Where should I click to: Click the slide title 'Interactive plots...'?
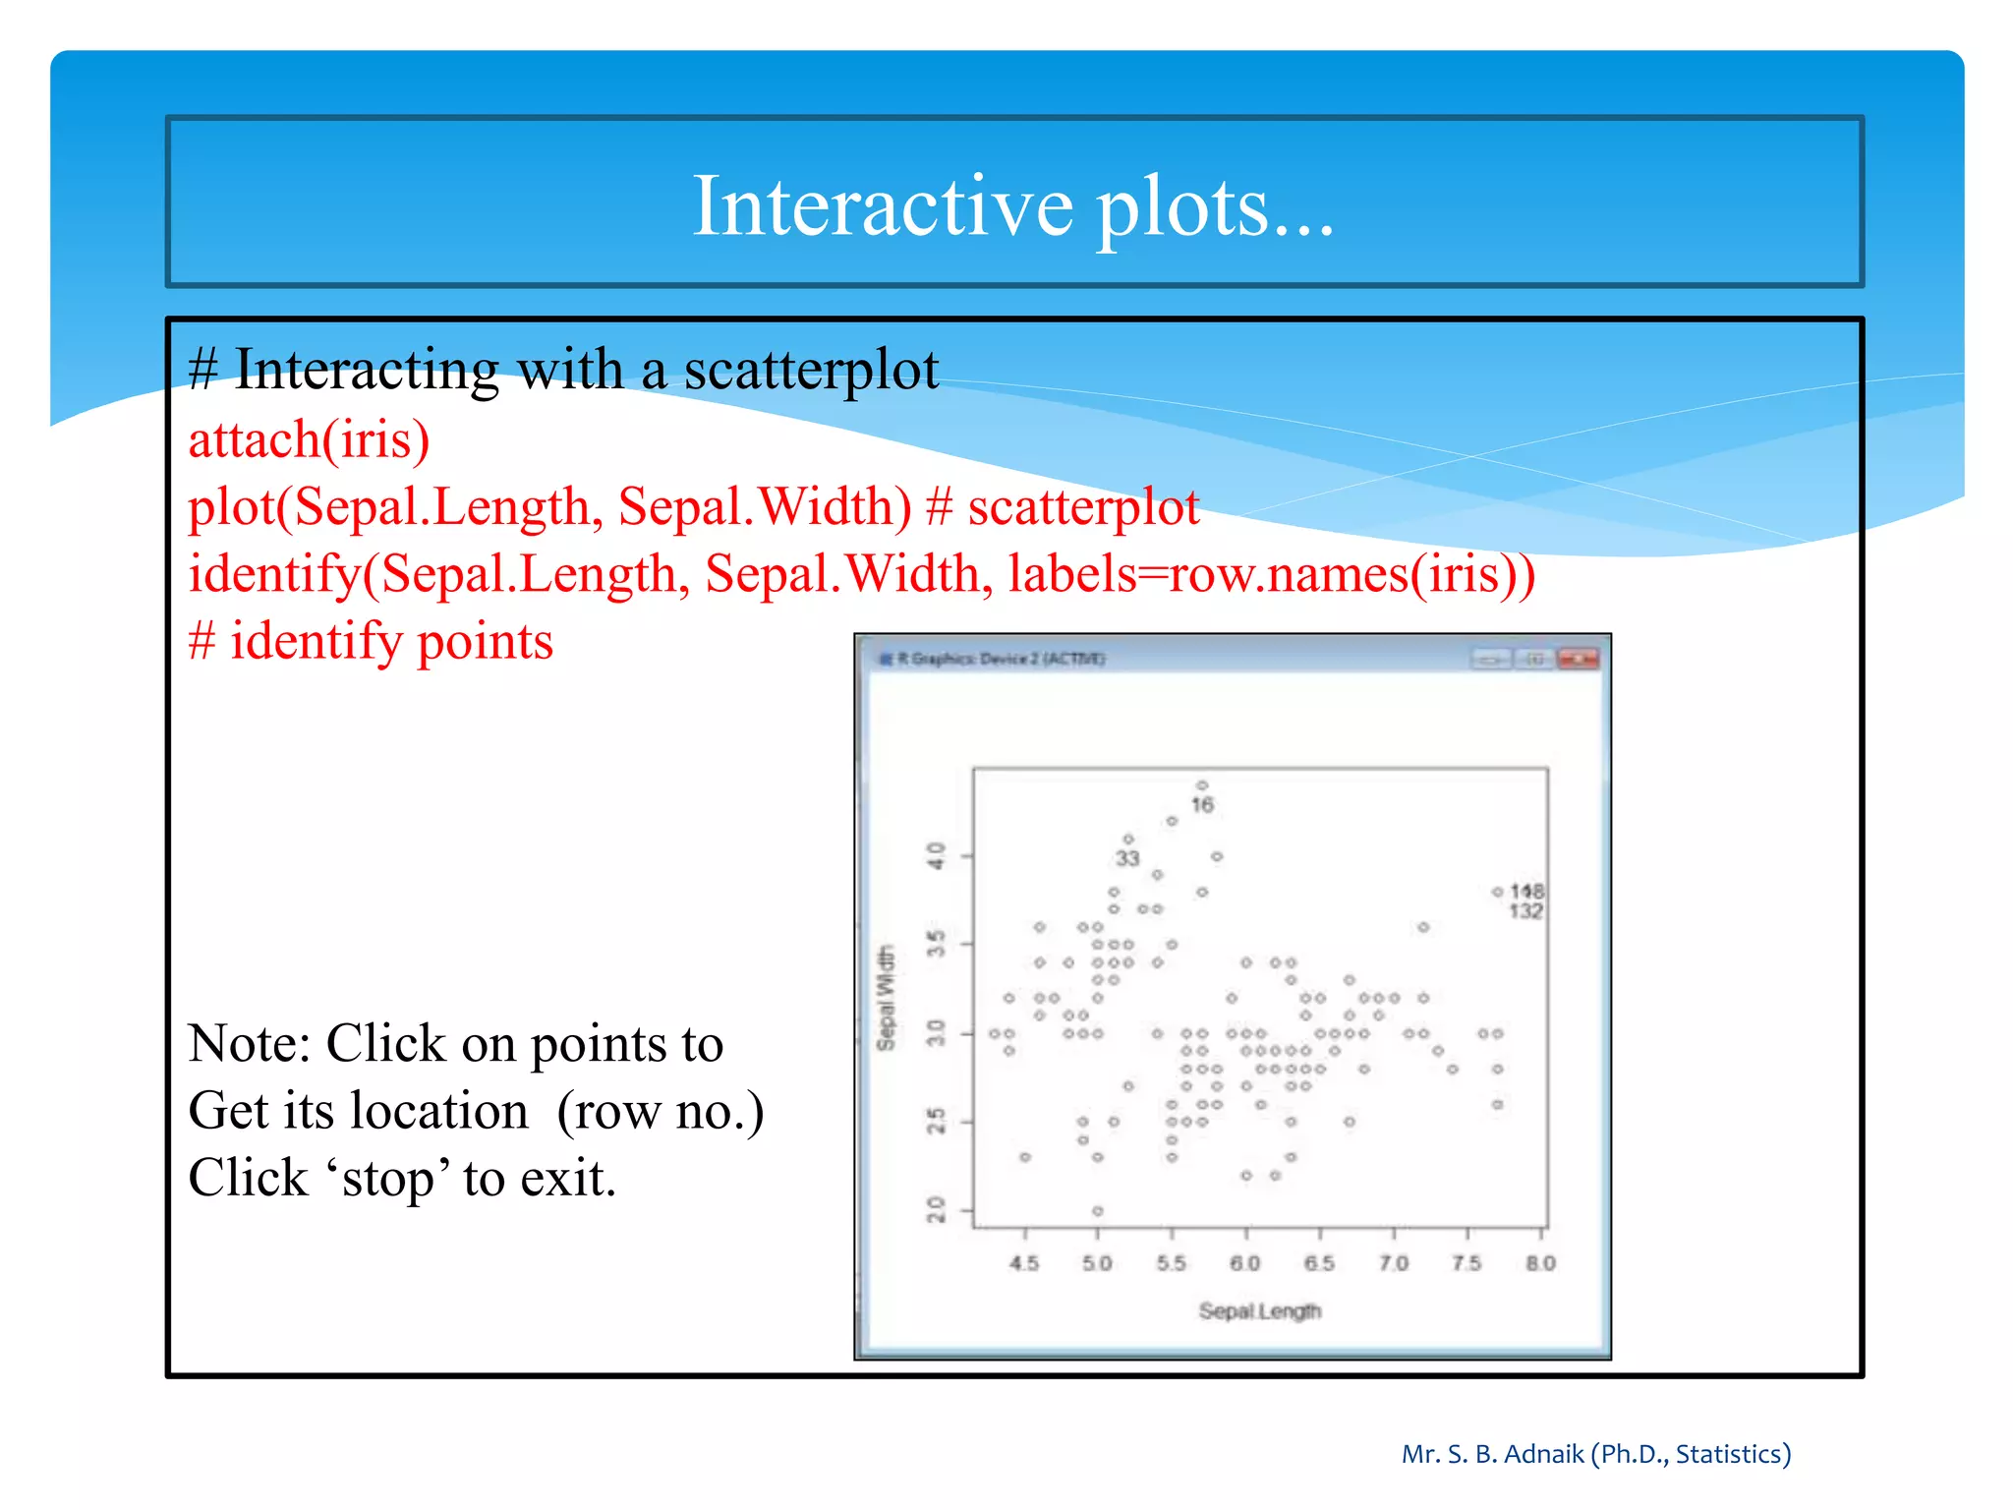[x=1013, y=205]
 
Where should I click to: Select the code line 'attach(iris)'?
[x=309, y=439]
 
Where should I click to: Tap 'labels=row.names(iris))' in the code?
[x=1271, y=574]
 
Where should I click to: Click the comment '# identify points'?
[x=371, y=642]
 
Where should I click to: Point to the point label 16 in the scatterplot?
[x=1202, y=805]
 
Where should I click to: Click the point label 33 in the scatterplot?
[x=1126, y=858]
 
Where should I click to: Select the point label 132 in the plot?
[x=1525, y=911]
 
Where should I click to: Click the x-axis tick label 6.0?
[x=1244, y=1263]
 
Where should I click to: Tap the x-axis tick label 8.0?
[x=1540, y=1263]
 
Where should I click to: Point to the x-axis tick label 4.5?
[x=1024, y=1263]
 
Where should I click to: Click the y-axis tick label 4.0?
[x=937, y=855]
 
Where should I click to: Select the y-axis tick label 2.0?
[x=937, y=1210]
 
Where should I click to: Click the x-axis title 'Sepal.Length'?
[x=1259, y=1311]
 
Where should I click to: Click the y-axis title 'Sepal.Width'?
[x=887, y=998]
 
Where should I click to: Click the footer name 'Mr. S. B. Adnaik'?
[x=1492, y=1454]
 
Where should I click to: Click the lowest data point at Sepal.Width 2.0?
[x=1098, y=1211]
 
